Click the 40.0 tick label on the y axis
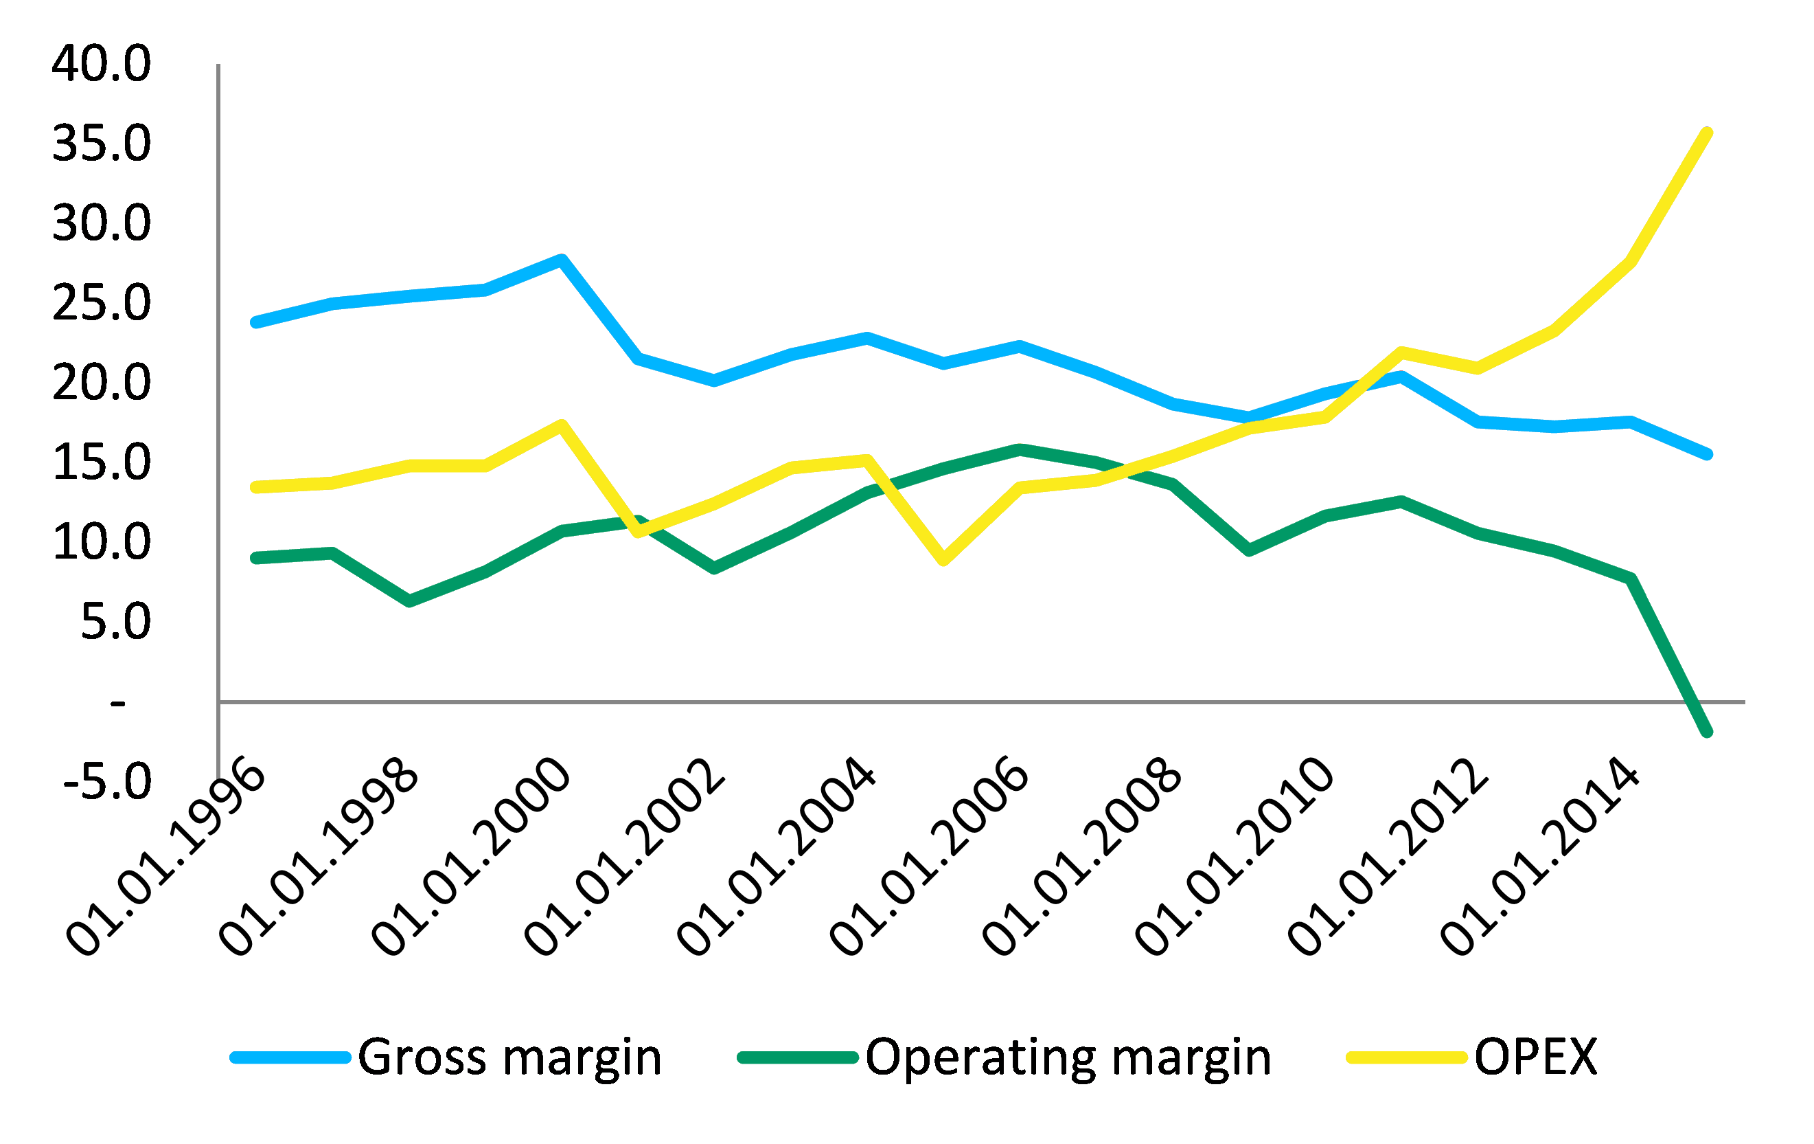coord(101,63)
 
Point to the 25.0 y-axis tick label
coord(101,303)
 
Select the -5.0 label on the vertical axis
coord(107,781)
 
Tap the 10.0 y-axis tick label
coord(101,542)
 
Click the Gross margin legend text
coord(509,1057)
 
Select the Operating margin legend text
coord(1068,1057)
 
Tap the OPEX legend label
coord(1535,1057)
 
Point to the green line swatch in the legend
coord(798,1058)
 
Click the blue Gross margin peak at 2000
coord(561,260)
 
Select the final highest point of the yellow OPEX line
coord(1707,133)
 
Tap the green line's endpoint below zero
coord(1707,732)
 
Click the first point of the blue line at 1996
coord(256,322)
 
